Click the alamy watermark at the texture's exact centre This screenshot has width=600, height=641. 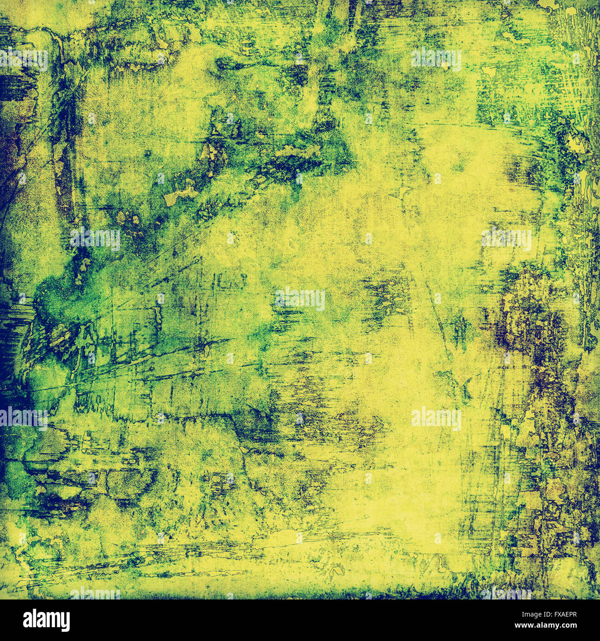pyautogui.click(x=300, y=299)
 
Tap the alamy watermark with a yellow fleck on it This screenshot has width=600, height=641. pyautogui.click(x=436, y=60)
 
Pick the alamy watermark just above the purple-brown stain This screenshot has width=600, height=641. pyautogui.click(x=506, y=239)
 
